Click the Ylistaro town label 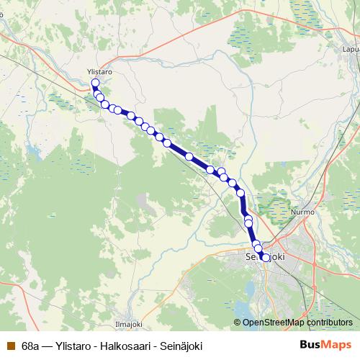(99, 73)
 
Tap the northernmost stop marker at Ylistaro (96, 83)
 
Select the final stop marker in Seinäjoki (266, 257)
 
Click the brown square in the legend (11, 345)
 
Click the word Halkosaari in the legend (130, 345)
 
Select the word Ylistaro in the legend (78, 345)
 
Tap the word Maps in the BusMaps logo (338, 345)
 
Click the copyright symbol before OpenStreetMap (238, 323)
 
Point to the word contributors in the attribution (328, 323)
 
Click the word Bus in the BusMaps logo (311, 345)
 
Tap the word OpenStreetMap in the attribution (272, 323)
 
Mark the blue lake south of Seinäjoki (249, 291)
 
